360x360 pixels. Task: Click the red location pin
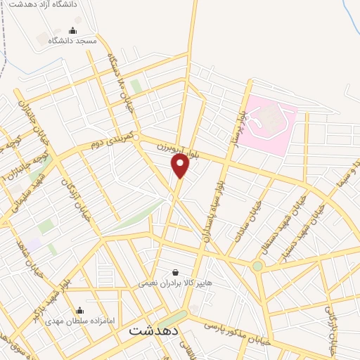(181, 166)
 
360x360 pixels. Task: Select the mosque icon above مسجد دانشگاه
(73, 30)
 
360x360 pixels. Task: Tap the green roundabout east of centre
(257, 266)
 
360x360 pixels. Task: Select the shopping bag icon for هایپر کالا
(175, 271)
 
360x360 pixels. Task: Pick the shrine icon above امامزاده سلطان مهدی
(79, 310)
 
